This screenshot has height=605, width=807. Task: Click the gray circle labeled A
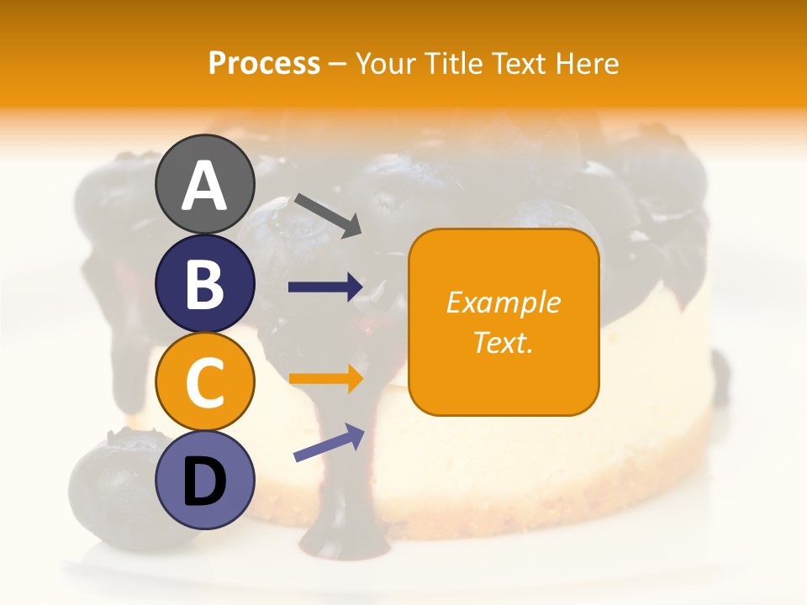point(204,185)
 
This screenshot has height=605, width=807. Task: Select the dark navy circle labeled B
point(204,284)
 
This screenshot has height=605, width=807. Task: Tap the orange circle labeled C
point(204,381)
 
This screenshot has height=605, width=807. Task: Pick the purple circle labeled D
point(204,480)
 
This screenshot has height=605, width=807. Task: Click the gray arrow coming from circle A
point(328,214)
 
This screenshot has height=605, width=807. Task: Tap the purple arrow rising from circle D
point(329,443)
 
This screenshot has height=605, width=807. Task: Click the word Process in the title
point(264,64)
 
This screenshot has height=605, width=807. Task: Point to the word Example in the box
point(503,302)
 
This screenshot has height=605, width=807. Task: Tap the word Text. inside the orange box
point(503,342)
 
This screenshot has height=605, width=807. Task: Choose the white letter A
point(204,186)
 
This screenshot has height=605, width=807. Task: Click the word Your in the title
point(386,64)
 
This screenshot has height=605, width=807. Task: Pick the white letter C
point(204,383)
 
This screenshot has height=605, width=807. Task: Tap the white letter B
point(204,285)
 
